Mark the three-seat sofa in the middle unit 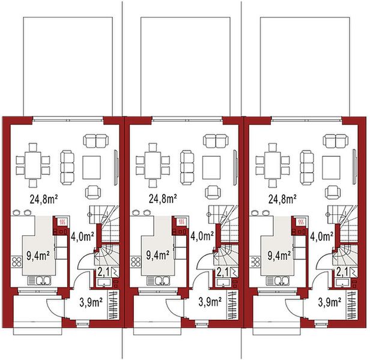[x=187, y=162]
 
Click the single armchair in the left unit [x=92, y=191]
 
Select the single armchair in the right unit [x=332, y=191]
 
